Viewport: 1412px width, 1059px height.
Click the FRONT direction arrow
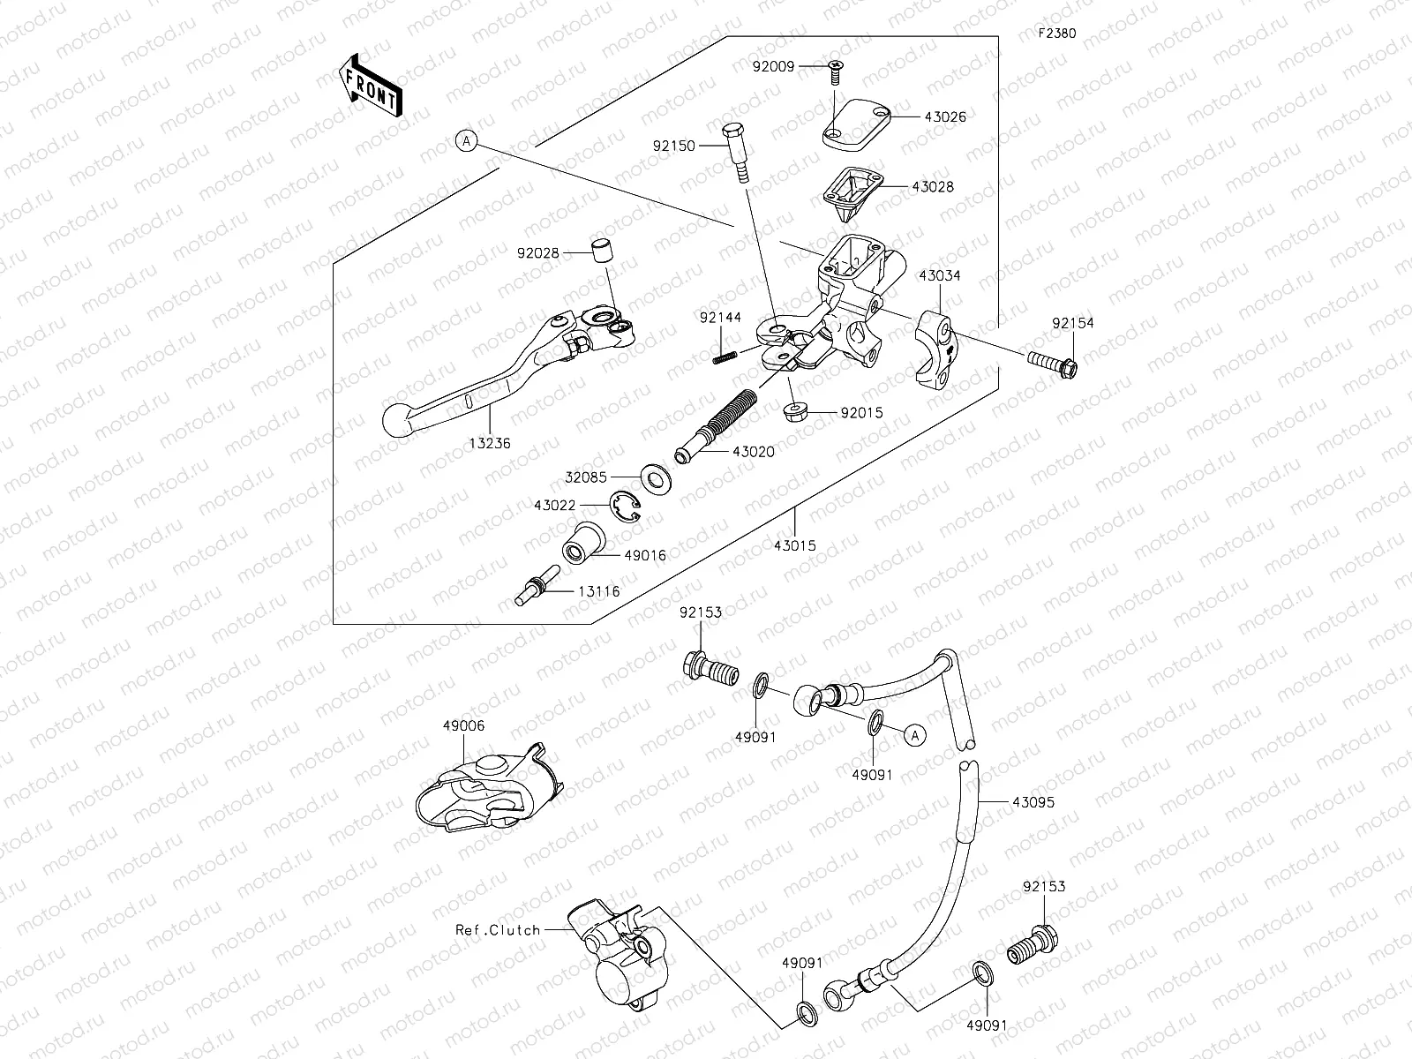point(370,86)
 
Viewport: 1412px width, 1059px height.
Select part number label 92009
point(773,66)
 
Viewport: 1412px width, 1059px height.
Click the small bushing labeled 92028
point(600,252)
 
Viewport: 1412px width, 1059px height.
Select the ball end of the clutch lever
point(399,419)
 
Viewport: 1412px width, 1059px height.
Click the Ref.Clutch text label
point(498,929)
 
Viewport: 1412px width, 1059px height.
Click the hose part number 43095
point(1033,803)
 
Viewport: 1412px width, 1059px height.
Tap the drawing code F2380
point(1056,34)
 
